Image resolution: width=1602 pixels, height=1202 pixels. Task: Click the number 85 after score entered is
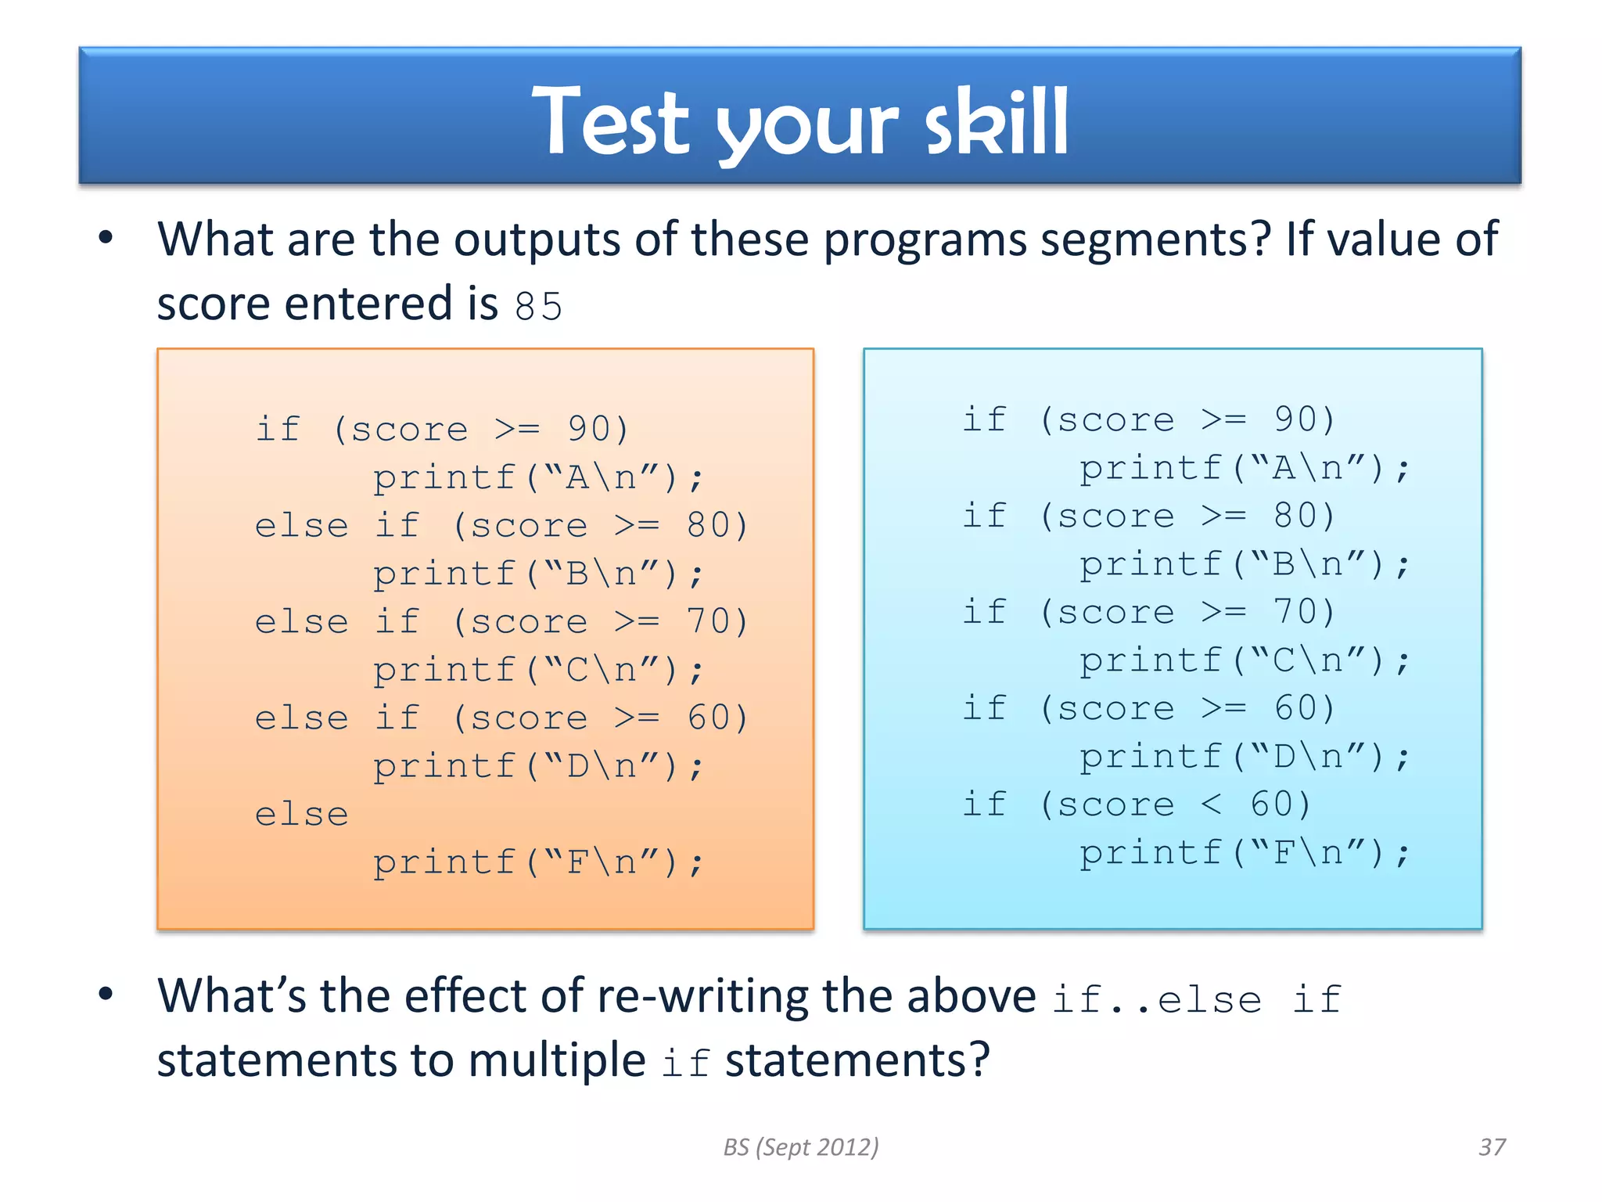coord(538,306)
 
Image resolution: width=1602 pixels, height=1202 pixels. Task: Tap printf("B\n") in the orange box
coord(537,574)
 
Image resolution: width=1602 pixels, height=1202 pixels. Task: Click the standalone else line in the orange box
coord(302,815)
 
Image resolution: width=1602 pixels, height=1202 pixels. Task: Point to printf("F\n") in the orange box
coord(537,862)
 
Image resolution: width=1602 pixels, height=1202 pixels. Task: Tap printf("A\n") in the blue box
coord(1244,468)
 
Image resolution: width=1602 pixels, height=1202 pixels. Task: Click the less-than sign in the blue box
coord(1211,804)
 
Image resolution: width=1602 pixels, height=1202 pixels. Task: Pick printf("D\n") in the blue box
coord(1244,757)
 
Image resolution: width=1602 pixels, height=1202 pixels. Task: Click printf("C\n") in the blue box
coord(1244,660)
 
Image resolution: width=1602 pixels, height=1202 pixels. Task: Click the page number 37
coord(1492,1147)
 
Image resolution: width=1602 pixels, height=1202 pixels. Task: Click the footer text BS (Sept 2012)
coord(801,1147)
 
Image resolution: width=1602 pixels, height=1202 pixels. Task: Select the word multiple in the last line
coord(557,1060)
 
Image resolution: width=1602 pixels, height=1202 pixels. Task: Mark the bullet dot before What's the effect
coord(106,995)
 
